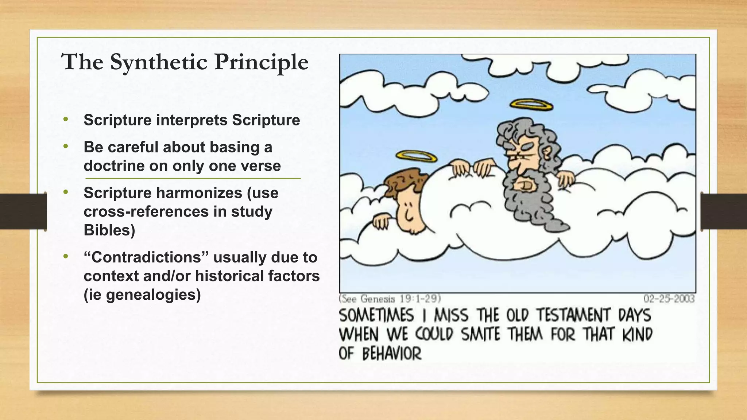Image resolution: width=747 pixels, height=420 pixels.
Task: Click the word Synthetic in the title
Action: [159, 62]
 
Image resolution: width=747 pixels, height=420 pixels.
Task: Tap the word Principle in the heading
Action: [261, 62]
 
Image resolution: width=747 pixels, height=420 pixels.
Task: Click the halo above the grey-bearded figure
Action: [531, 105]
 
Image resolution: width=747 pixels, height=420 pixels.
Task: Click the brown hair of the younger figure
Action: [405, 182]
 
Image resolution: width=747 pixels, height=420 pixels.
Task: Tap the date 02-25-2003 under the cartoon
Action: [669, 299]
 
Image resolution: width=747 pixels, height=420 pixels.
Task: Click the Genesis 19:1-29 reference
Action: [390, 299]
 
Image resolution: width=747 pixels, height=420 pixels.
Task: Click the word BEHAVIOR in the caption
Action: [392, 354]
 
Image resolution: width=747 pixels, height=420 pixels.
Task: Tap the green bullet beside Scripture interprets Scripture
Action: [66, 119]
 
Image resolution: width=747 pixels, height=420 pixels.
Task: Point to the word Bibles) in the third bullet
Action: [109, 230]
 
